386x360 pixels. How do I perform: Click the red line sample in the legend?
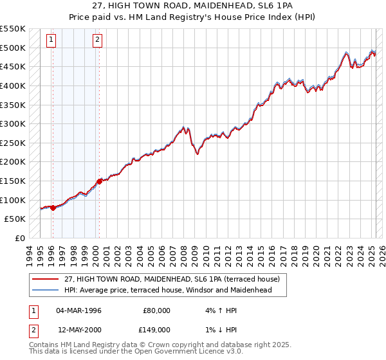point(46,280)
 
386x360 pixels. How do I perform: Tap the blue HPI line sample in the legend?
point(46,290)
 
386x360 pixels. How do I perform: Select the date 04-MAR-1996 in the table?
point(78,310)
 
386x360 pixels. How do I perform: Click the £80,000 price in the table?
point(156,310)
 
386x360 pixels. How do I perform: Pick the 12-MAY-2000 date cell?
point(78,329)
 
